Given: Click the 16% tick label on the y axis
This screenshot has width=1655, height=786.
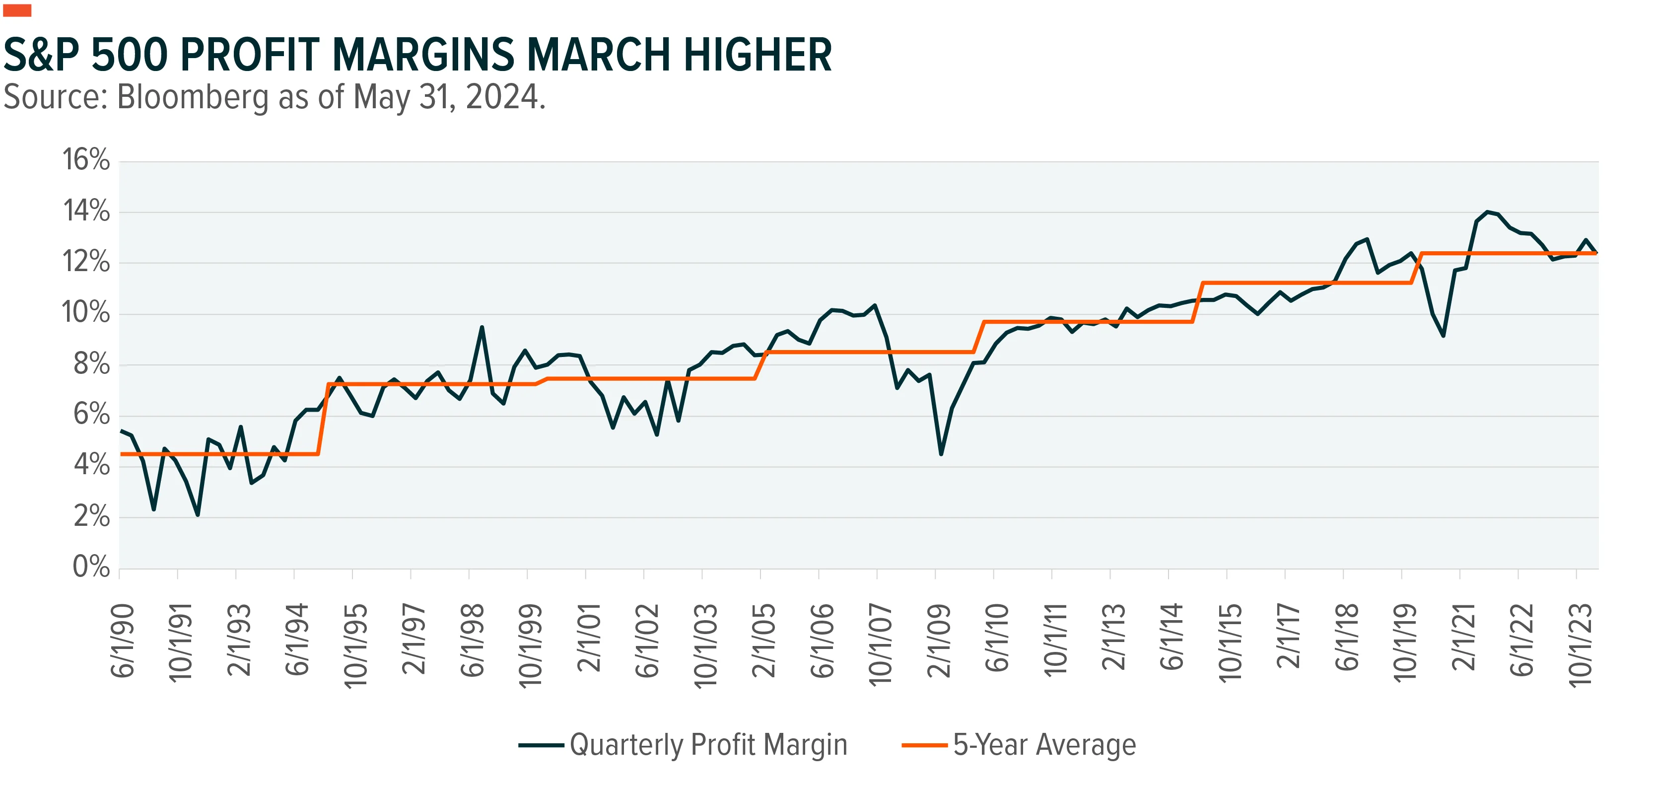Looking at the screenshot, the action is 86,159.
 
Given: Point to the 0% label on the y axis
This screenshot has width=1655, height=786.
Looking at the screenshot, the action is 91,567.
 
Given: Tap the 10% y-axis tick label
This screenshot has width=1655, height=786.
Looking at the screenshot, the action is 86,312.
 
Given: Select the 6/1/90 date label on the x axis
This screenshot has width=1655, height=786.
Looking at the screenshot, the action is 123,641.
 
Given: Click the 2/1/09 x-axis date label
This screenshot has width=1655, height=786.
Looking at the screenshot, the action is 939,641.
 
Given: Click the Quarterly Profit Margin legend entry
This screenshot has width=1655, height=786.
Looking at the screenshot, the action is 683,745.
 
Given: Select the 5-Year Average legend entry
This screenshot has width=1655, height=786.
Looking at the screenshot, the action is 1019,745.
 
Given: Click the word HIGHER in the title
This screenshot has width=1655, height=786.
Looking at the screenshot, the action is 758,55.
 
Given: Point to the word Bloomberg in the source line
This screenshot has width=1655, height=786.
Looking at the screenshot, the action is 192,98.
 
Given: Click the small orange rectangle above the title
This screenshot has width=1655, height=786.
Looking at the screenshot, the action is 17,10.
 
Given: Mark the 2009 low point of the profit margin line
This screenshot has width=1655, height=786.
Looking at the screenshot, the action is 941,454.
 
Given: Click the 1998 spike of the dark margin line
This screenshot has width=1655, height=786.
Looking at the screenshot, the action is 482,327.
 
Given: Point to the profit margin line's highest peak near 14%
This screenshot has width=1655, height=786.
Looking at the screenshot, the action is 1487,212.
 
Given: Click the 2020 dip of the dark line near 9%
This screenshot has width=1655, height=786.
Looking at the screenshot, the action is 1444,336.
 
